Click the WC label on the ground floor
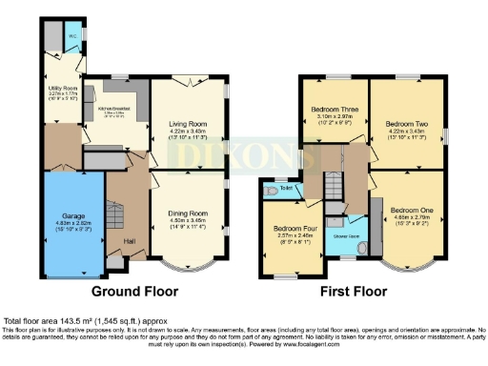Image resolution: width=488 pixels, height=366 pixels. [71, 38]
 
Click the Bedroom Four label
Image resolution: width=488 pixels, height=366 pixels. [289, 229]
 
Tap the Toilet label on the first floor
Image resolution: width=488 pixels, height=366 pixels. [286, 189]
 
